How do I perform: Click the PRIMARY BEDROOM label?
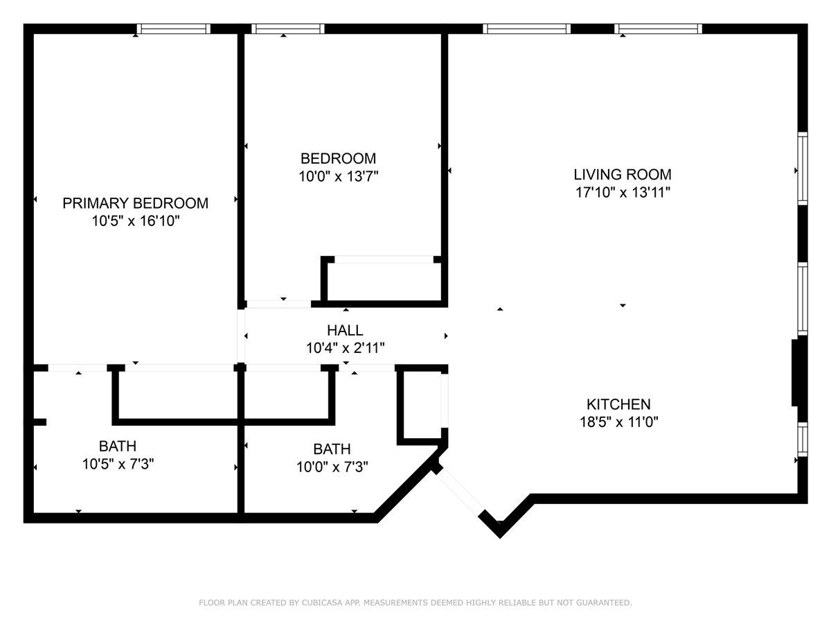[135, 203]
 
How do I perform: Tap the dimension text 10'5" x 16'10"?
[135, 221]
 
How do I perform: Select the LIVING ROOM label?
[622, 175]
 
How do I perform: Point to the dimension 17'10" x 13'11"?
[622, 192]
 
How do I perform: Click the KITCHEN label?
[618, 404]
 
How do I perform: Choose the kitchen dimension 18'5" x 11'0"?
[618, 422]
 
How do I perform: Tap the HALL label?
[345, 331]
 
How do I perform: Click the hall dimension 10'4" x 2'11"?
[345, 348]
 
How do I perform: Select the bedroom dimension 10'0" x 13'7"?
[338, 176]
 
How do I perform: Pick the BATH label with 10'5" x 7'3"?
[117, 446]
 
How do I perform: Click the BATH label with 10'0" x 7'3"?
[332, 449]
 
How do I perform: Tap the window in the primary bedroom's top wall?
[173, 29]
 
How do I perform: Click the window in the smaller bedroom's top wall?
[288, 29]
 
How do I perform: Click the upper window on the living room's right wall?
[803, 168]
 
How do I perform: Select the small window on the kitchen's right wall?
[803, 437]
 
